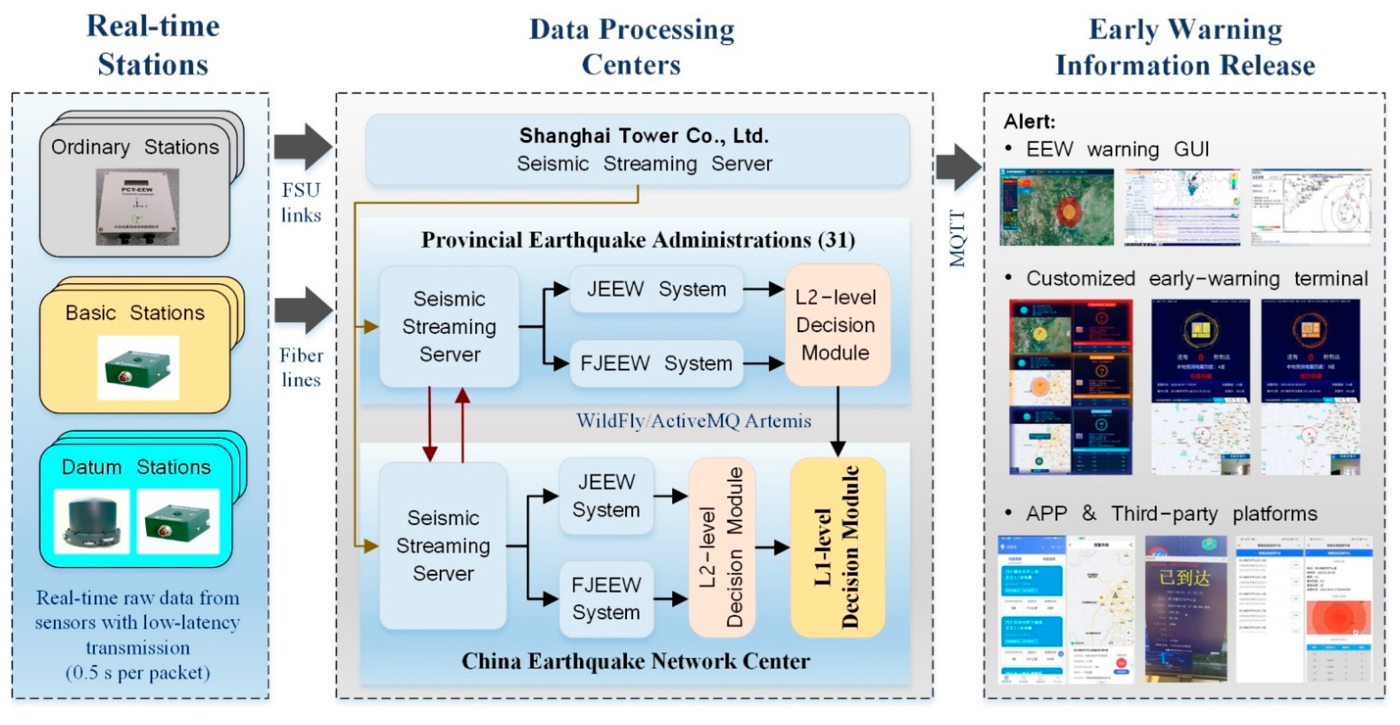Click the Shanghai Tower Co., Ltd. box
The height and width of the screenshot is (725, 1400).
(637, 149)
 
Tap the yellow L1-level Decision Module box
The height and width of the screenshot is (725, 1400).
(837, 547)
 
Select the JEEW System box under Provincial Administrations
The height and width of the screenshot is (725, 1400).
(656, 289)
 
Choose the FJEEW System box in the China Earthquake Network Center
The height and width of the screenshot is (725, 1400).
(606, 598)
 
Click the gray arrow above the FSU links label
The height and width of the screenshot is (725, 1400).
(302, 146)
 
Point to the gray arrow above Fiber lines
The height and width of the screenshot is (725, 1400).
(303, 310)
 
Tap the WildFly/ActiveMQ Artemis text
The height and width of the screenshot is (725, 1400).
(693, 420)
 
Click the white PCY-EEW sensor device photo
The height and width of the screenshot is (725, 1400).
(138, 207)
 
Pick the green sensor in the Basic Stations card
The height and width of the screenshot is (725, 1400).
(138, 368)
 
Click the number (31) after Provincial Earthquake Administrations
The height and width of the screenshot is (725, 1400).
(837, 240)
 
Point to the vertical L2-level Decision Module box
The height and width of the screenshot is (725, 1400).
(721, 547)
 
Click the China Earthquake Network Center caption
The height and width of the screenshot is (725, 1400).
(636, 661)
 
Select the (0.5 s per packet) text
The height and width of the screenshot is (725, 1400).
(138, 673)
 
